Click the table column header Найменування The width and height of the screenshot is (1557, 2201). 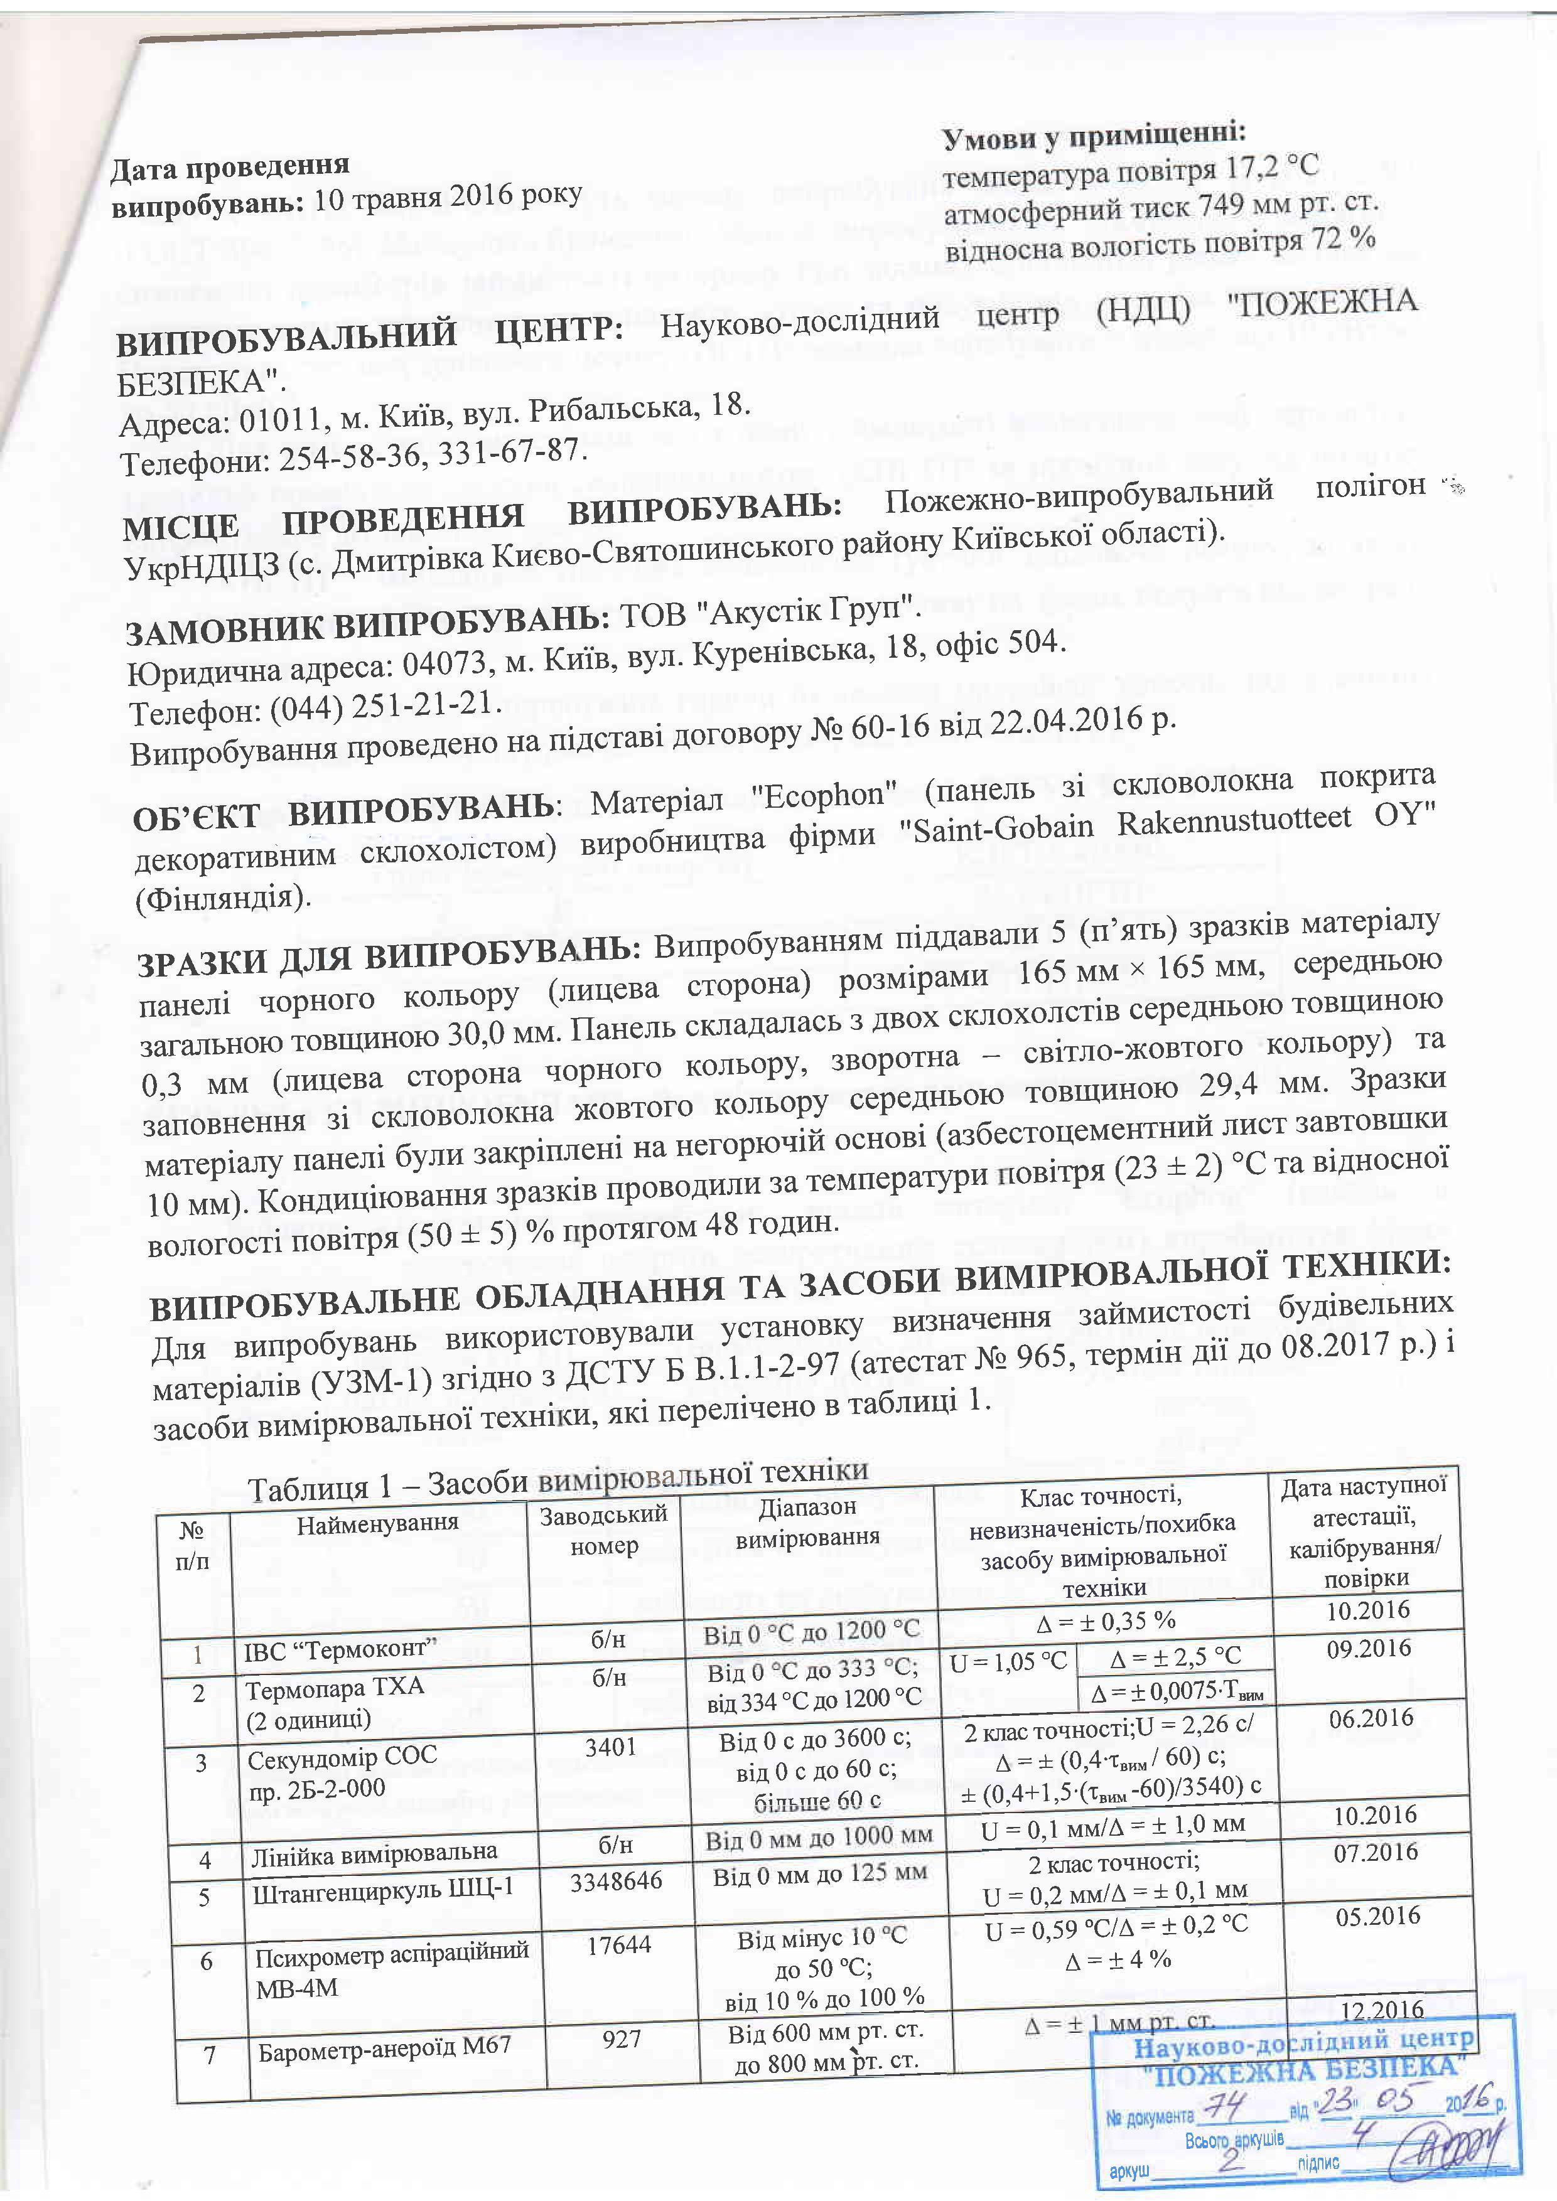378,1521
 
